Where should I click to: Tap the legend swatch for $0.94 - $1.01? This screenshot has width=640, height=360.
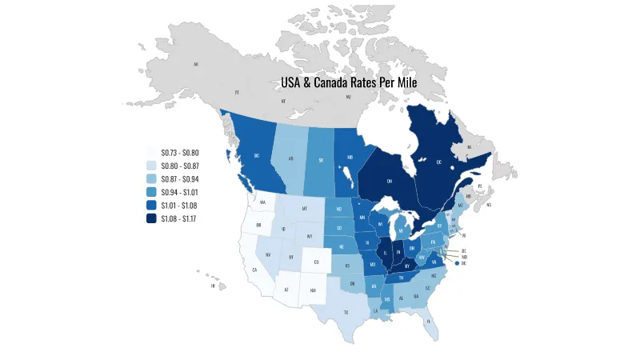[x=151, y=192]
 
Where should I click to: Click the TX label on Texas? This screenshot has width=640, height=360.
[x=346, y=312]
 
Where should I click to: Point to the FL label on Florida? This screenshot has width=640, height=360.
[x=429, y=321]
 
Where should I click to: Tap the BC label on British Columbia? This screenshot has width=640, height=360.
[x=257, y=155]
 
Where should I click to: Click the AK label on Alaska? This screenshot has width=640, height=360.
[x=195, y=64]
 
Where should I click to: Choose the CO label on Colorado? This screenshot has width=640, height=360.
[x=316, y=262]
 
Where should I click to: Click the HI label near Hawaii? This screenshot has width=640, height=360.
[x=213, y=286]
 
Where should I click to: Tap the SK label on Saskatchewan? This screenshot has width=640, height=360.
[x=322, y=159]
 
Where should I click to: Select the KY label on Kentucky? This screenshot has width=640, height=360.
[x=407, y=266]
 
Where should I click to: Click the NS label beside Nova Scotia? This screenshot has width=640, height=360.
[x=488, y=205]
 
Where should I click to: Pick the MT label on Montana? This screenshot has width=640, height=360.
[x=304, y=209]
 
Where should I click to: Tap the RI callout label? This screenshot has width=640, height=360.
[x=463, y=237]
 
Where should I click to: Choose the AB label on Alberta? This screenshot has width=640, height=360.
[x=291, y=158]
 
